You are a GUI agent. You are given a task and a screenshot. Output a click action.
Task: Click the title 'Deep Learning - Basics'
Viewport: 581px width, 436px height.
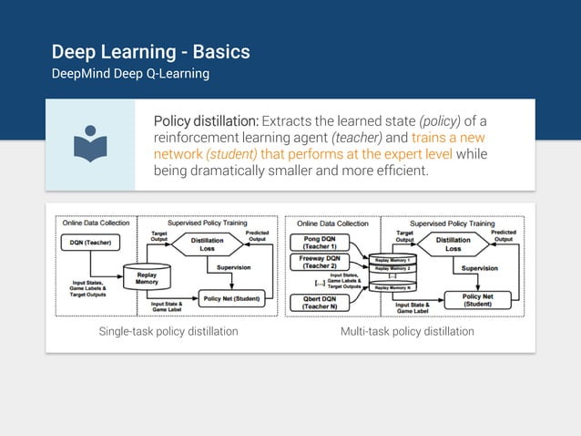coord(150,51)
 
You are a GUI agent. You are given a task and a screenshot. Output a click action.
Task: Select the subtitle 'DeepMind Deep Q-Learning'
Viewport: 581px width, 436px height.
coord(130,73)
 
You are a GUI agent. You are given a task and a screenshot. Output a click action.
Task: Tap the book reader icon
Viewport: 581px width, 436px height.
coord(90,145)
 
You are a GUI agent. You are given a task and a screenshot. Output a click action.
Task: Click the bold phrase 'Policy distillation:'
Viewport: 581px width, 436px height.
coord(206,121)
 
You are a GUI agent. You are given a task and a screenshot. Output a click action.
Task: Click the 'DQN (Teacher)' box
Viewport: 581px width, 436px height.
coord(93,243)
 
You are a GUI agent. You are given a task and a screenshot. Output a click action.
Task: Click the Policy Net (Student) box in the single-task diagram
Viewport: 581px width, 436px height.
coord(232,298)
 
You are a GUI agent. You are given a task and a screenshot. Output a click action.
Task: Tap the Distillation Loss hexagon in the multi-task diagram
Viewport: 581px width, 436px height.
coord(454,244)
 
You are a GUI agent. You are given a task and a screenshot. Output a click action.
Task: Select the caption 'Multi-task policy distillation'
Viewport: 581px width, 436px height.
coord(407,331)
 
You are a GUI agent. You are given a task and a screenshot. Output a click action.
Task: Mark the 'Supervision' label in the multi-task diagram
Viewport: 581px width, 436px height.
coord(479,268)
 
